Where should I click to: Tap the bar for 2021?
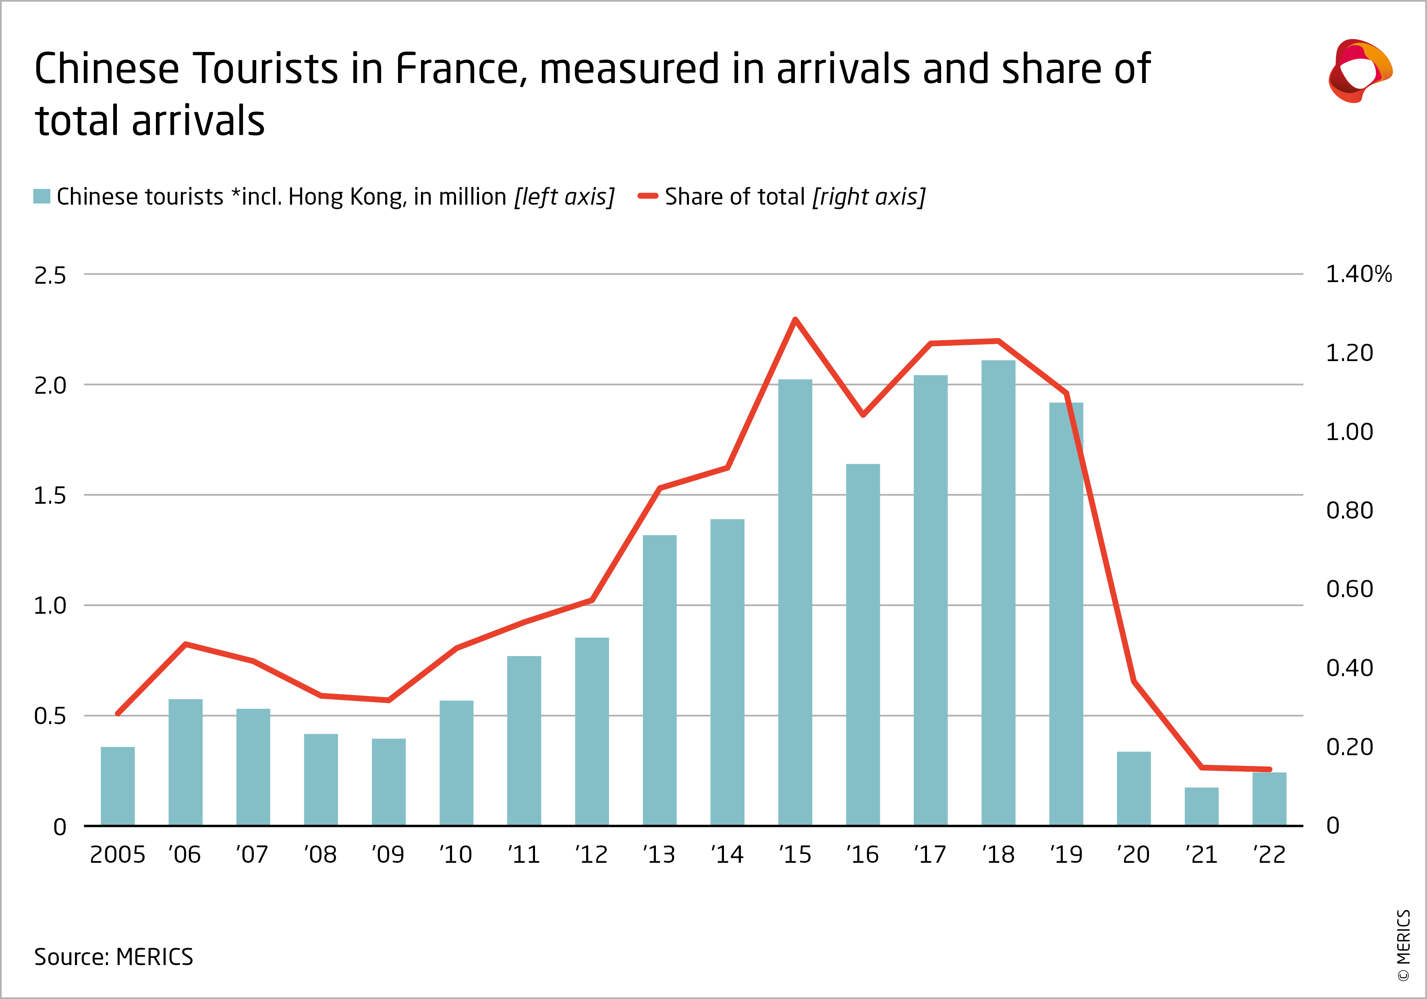(x=1201, y=806)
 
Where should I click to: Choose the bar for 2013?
(x=660, y=680)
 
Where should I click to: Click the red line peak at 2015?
(x=795, y=320)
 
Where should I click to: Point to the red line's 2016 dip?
(x=863, y=415)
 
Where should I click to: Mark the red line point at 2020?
(x=1134, y=681)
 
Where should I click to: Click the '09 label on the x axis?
(x=388, y=855)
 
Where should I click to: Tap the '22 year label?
(x=1269, y=855)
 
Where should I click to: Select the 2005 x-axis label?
(x=118, y=855)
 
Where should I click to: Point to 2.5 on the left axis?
(x=50, y=275)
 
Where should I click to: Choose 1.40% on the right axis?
(x=1359, y=274)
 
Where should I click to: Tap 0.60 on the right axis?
(x=1349, y=589)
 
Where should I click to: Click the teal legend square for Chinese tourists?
(x=41, y=196)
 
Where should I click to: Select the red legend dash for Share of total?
(x=647, y=196)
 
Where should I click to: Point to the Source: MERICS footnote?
(x=114, y=957)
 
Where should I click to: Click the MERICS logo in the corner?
(x=1360, y=70)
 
